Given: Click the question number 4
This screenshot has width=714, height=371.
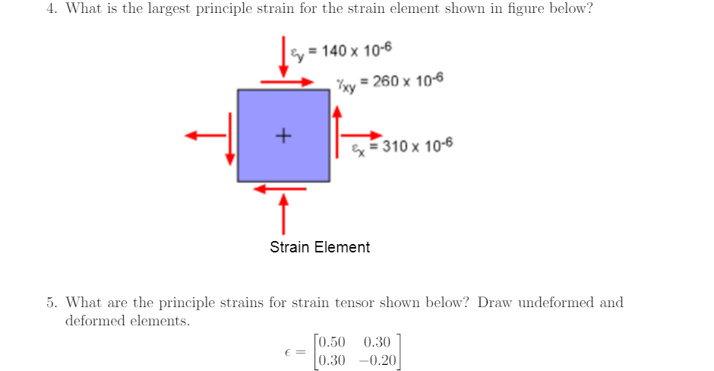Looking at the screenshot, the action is [51, 9].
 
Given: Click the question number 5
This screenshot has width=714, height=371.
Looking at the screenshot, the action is [51, 303].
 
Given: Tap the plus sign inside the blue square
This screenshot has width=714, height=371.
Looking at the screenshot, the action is [283, 136].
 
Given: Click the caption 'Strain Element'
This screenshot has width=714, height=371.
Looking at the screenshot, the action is [320, 247].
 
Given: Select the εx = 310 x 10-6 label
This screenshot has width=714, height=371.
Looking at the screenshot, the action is [402, 146].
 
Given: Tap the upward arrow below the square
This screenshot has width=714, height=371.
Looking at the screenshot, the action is [284, 214].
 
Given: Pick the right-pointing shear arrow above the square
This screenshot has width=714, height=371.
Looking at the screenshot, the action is [286, 81].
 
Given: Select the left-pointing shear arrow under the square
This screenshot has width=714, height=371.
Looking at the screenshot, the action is [279, 189].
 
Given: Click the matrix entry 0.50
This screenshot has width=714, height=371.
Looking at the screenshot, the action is [333, 341].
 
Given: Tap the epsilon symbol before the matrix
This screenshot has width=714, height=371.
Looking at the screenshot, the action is [288, 351].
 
